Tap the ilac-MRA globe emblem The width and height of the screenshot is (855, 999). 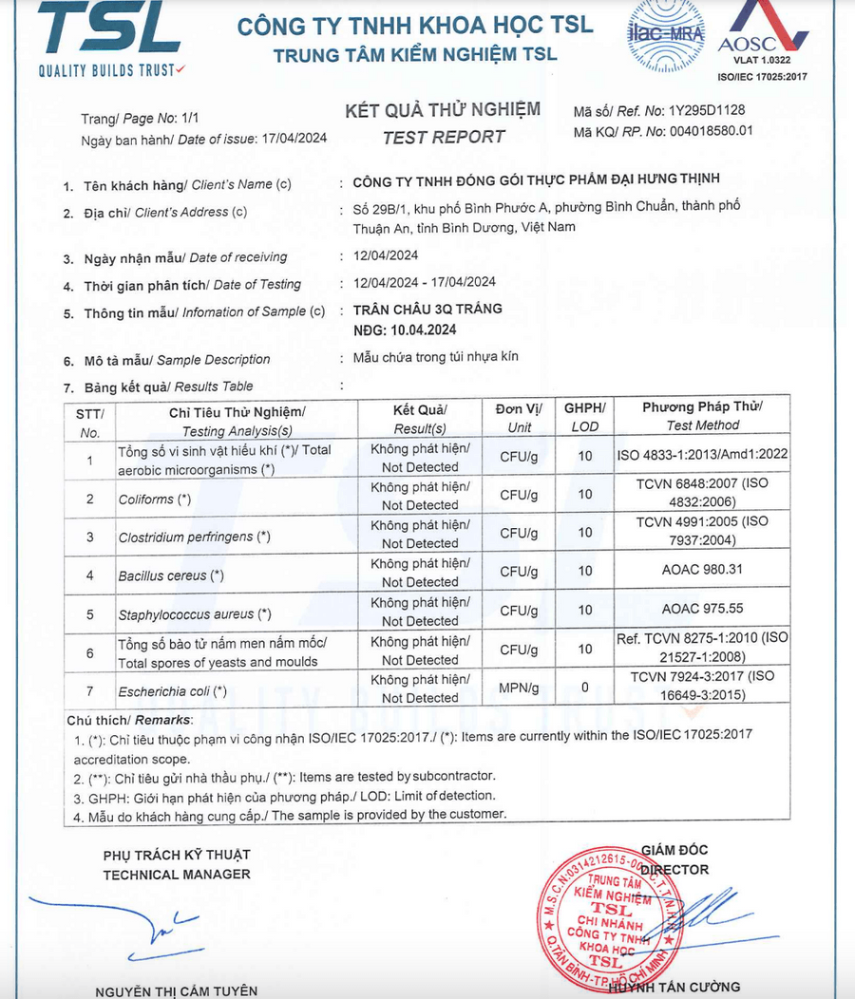[x=661, y=36]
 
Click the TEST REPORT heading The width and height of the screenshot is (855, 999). [x=444, y=137]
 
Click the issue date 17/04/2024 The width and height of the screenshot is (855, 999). [x=293, y=138]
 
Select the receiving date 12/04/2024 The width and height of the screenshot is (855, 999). [x=384, y=255]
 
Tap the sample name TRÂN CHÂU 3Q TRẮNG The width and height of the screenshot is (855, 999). [x=427, y=309]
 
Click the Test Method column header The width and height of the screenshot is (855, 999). [x=702, y=416]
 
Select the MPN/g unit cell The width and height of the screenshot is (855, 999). [x=519, y=688]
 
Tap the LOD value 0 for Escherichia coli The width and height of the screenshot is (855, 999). [x=584, y=688]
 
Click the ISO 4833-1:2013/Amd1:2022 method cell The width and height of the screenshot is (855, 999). [x=702, y=455]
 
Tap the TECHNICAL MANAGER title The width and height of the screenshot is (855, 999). [x=177, y=874]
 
